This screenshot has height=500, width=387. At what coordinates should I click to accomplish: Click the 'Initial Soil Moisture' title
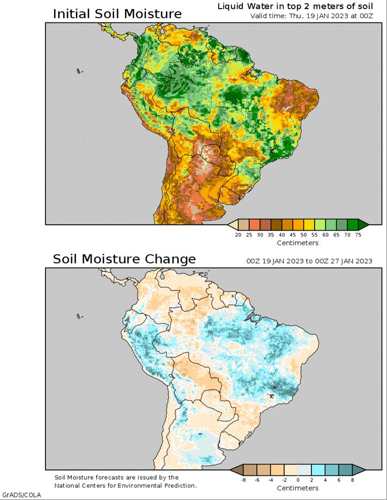(117, 14)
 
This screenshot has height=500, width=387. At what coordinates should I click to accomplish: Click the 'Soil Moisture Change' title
(124, 259)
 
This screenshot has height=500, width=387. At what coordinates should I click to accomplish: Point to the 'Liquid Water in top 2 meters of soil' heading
(295, 6)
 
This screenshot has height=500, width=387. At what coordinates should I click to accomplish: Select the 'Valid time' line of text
(311, 16)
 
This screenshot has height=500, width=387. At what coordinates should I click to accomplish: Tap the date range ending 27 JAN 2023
(309, 261)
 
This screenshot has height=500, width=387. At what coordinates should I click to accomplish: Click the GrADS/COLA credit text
(21, 495)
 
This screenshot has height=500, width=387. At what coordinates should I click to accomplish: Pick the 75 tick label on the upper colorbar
(358, 234)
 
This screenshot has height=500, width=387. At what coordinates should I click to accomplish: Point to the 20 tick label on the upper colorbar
(238, 234)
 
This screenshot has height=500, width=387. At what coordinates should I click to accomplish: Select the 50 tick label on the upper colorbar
(304, 234)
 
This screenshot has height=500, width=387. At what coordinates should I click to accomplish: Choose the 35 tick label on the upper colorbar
(271, 234)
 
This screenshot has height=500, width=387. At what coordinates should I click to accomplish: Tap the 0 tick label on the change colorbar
(298, 480)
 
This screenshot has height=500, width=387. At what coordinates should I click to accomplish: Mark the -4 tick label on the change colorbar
(271, 480)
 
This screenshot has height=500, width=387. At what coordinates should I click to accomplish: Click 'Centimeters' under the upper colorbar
(297, 243)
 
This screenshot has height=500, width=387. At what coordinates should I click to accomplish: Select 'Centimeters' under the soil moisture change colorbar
(297, 488)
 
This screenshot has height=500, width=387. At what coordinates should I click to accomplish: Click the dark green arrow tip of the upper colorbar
(363, 224)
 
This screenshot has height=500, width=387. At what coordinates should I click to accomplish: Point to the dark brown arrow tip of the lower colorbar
(236, 469)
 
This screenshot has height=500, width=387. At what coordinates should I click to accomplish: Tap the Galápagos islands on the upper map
(79, 71)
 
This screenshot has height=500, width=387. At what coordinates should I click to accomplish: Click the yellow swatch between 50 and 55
(309, 224)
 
